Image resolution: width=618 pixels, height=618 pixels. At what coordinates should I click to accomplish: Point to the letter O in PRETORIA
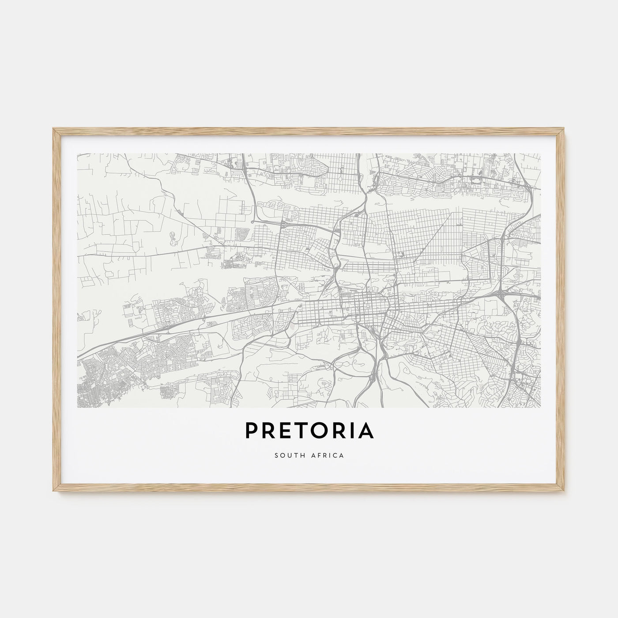tap(318, 431)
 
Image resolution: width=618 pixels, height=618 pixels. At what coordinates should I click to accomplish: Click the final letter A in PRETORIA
tap(365, 431)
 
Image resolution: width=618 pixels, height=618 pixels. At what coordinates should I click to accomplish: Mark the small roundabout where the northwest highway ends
tap(252, 222)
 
